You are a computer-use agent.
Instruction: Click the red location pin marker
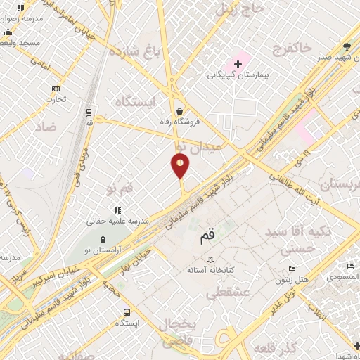tap(180, 165)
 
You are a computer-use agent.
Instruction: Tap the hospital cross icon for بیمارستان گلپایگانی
tap(238, 64)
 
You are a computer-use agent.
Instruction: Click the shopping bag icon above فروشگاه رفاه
tap(181, 110)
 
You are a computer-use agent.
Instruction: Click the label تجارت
tap(56, 99)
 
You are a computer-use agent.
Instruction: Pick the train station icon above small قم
tap(89, 112)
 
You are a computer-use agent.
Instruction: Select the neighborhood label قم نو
tap(120, 189)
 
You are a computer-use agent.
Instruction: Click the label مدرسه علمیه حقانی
tap(117, 221)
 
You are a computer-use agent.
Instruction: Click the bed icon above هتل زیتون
tap(292, 269)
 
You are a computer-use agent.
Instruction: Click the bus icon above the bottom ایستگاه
tap(126, 312)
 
